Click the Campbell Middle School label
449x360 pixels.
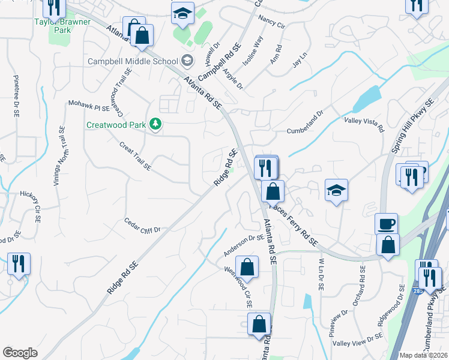pos(132,61)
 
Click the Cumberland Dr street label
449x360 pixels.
pos(305,114)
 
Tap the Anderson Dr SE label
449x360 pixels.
pos(244,245)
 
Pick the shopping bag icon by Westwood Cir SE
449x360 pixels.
pos(247,266)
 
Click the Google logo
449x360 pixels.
pos(20,353)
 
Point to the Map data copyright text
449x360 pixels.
pos(424,355)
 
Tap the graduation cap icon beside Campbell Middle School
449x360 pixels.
pos(187,61)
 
